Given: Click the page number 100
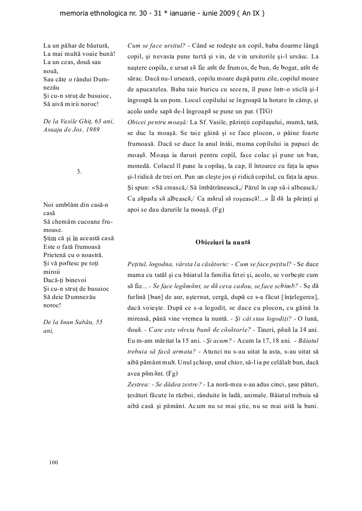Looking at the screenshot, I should tap(54, 463).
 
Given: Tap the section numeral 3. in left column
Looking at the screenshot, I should tap(79, 171).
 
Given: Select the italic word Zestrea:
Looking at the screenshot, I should tap(138, 384).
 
